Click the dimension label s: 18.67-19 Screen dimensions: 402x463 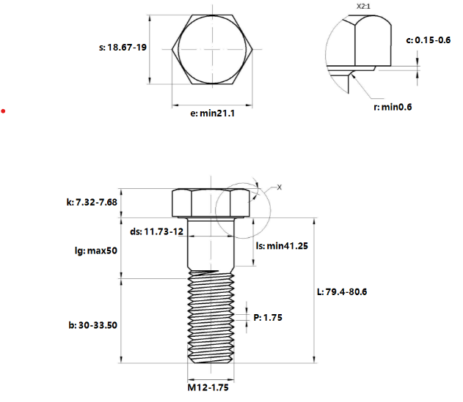tap(122, 47)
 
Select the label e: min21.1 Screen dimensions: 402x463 tap(208, 113)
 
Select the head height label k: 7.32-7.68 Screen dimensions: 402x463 tap(92, 201)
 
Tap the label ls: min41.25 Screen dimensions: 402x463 tap(282, 246)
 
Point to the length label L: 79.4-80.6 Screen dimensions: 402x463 tap(342, 291)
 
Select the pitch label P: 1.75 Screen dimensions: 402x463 tap(268, 317)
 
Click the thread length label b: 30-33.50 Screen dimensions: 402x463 tap(92, 325)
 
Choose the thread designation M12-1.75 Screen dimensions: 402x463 tap(208, 386)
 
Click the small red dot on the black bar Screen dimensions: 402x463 tap(4, 111)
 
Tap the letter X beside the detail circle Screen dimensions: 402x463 tap(279, 187)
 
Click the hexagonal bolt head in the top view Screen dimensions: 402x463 tap(213, 49)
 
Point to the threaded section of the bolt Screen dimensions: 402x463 tap(211, 319)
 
